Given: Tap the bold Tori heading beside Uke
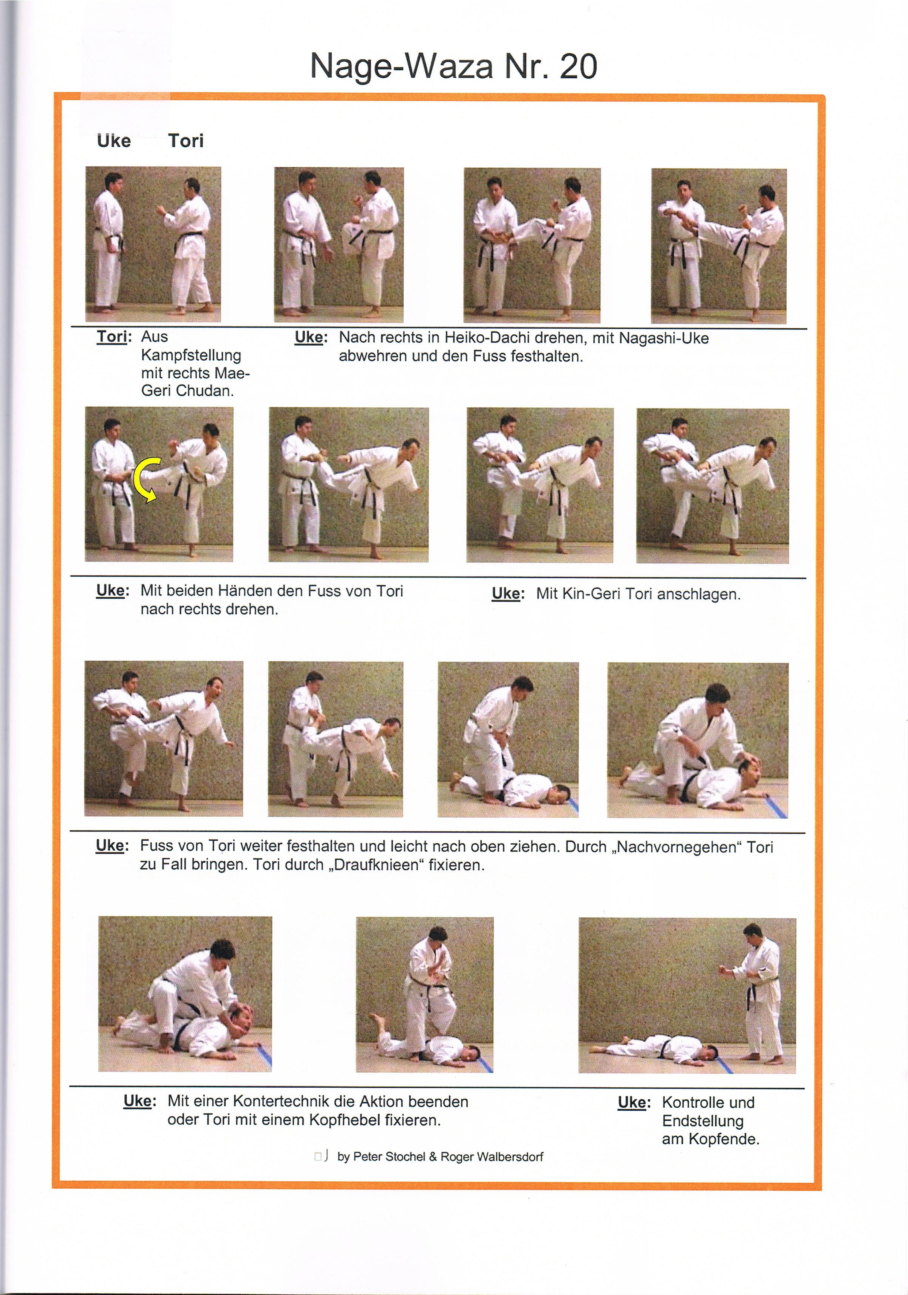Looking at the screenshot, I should (x=185, y=141).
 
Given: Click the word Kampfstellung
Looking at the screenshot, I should (x=191, y=355).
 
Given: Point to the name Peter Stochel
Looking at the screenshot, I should (x=389, y=1157).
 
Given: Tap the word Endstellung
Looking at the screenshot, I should (x=702, y=1121).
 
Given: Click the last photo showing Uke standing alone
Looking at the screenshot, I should (x=686, y=995).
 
